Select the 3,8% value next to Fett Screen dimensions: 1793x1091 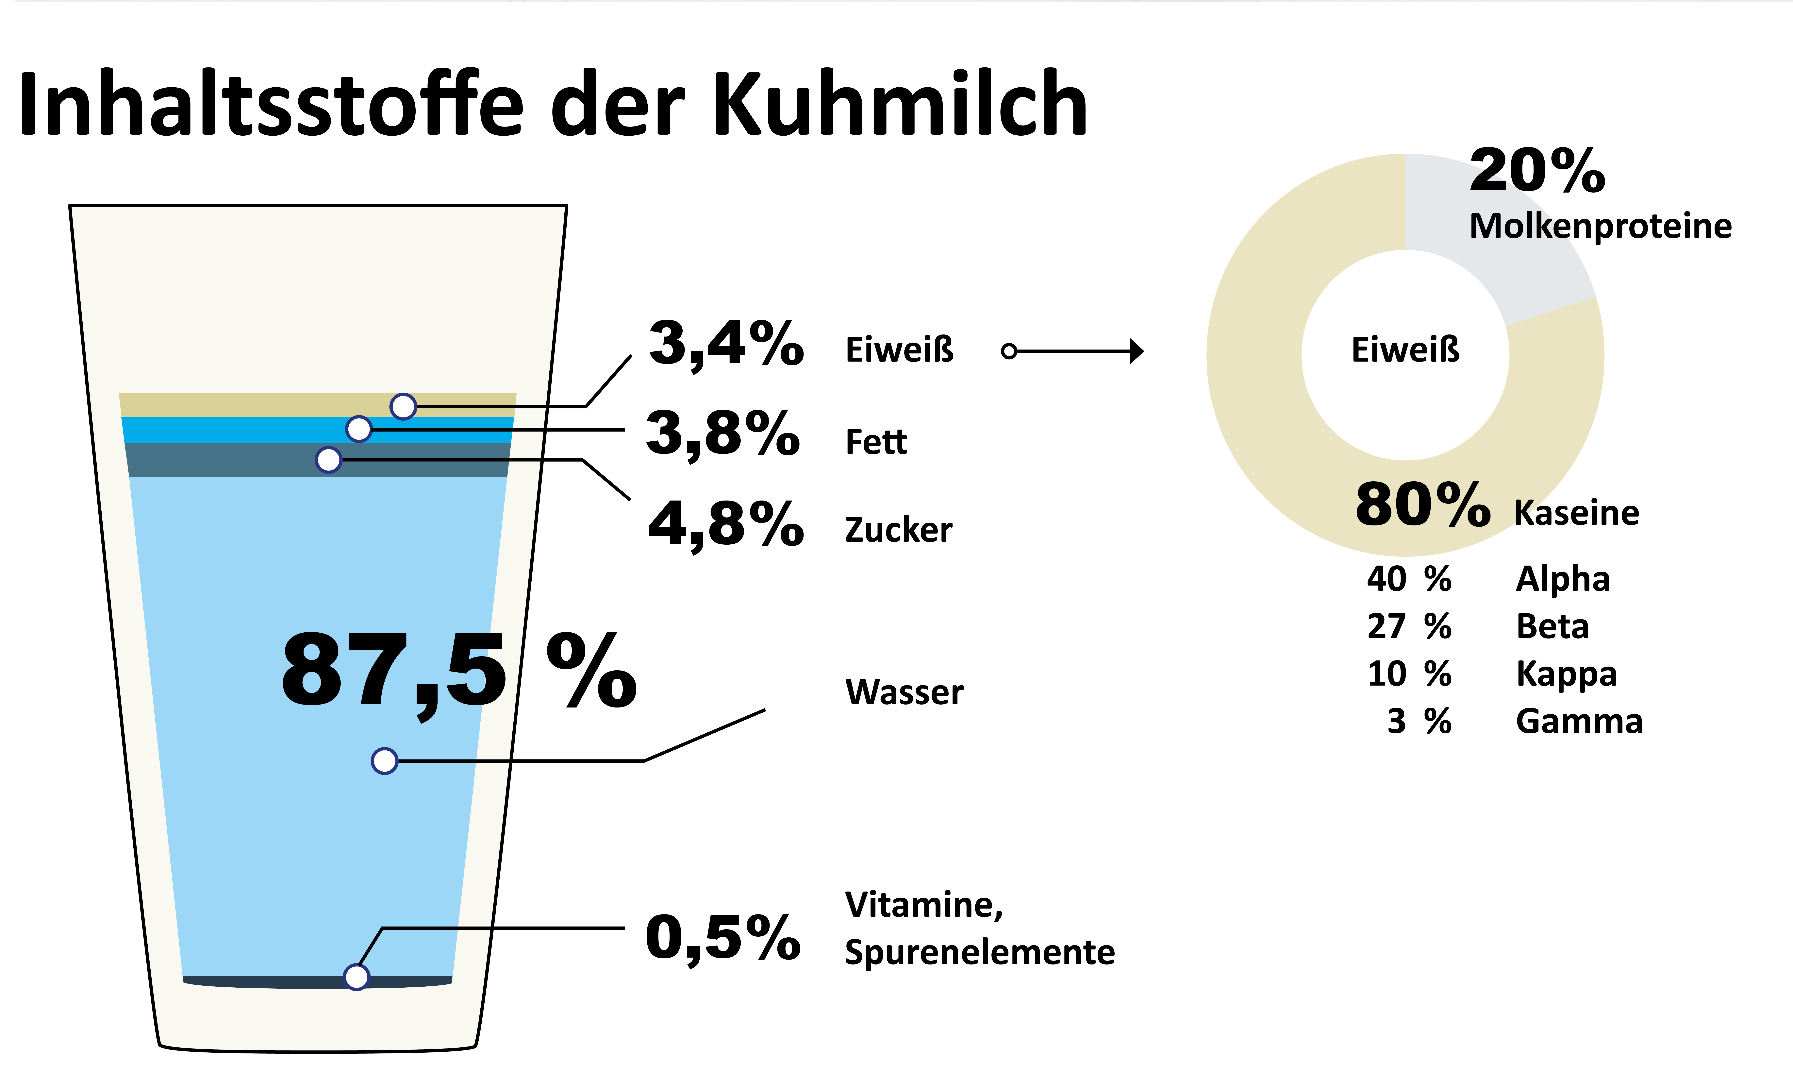[722, 434]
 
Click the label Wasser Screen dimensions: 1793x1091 [904, 692]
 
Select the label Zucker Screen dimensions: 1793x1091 [898, 530]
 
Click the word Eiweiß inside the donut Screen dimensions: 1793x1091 [1405, 350]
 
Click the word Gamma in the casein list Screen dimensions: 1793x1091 [1579, 721]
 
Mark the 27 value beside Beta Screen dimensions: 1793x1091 [1386, 627]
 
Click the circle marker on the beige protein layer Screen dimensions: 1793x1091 [403, 406]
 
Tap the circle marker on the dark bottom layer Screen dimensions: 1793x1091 [356, 977]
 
